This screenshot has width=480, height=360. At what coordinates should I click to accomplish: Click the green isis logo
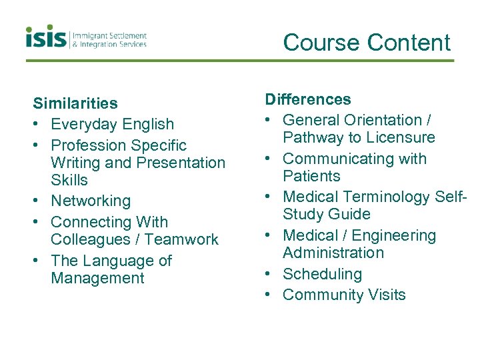(47, 37)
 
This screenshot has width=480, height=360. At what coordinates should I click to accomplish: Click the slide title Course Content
(367, 43)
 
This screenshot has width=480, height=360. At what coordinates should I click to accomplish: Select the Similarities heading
(75, 103)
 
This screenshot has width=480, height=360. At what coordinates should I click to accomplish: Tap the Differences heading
(308, 99)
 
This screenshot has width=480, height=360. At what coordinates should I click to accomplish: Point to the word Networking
(91, 201)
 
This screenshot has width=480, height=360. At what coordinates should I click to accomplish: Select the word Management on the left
(97, 278)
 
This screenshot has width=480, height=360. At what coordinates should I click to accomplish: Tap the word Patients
(311, 176)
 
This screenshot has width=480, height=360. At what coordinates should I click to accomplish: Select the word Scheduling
(322, 274)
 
